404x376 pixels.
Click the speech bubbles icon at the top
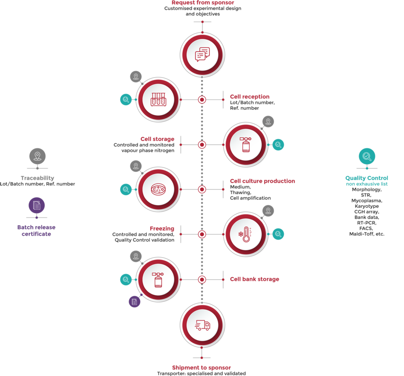[x=202, y=54]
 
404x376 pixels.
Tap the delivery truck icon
[x=202, y=325]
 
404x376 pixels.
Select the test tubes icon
[x=158, y=99]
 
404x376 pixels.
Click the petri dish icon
[x=158, y=189]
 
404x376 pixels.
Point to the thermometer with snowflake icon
[x=245, y=235]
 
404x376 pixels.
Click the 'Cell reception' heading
[x=250, y=97]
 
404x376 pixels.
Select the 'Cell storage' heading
[x=157, y=139]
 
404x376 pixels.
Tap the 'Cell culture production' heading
[x=262, y=181]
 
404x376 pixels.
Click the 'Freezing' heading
[x=162, y=228]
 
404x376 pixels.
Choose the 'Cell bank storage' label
[x=254, y=279]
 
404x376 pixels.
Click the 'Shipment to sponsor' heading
[x=201, y=368]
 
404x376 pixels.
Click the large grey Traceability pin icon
[x=37, y=156]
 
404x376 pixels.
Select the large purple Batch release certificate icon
[x=37, y=205]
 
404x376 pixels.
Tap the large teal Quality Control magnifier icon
[x=367, y=156]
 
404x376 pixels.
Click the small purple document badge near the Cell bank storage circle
[x=135, y=302]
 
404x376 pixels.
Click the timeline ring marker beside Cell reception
[x=202, y=99]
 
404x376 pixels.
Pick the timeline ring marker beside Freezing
[x=202, y=235]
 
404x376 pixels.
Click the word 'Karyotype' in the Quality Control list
[x=367, y=206]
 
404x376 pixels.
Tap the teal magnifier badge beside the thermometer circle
[x=278, y=234]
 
